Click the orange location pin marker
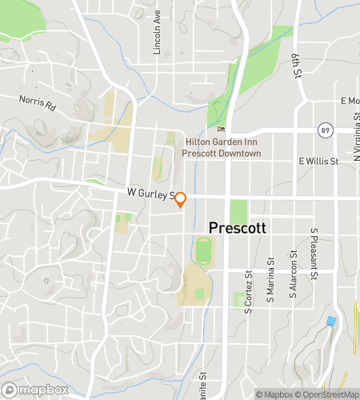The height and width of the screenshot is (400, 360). [181, 199]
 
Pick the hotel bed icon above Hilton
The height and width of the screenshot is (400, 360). [222, 130]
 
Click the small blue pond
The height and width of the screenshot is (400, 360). [330, 321]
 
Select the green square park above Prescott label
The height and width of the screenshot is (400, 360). [239, 211]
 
